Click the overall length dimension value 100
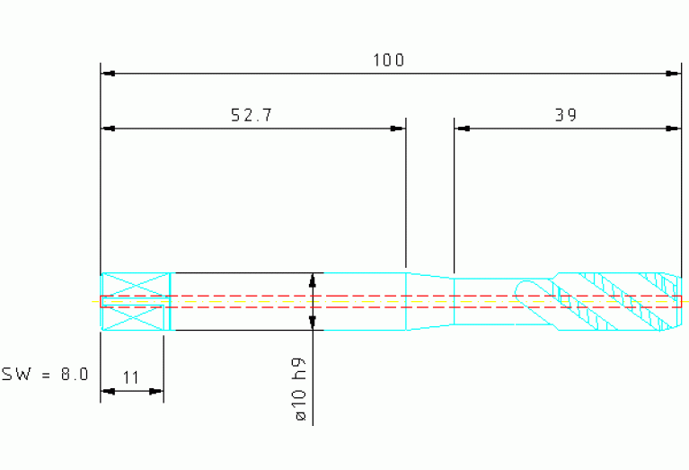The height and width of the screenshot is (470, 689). pos(388,60)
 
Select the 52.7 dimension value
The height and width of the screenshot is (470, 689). pos(252,115)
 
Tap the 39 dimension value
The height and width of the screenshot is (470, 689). pos(566,115)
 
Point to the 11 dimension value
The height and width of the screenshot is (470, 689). pos(130,377)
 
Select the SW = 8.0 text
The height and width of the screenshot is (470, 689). pos(45,374)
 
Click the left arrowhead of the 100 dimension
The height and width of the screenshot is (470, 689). pos(108,74)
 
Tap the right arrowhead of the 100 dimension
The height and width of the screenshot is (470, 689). pos(673,74)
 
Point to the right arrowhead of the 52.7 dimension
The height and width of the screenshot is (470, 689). pos(398,129)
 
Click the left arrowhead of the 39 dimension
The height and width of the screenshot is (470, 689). pos(463,129)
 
